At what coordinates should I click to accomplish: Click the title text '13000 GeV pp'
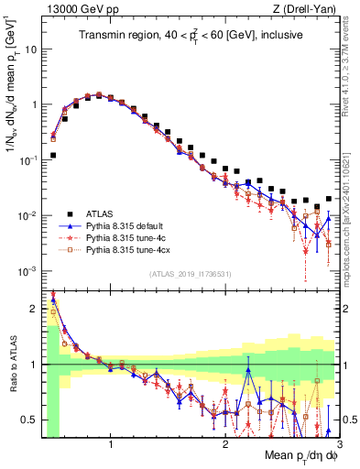tap(71, 9)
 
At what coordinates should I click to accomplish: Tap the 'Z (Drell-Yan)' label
tap(309, 9)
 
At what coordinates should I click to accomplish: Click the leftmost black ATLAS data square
tap(54, 156)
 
